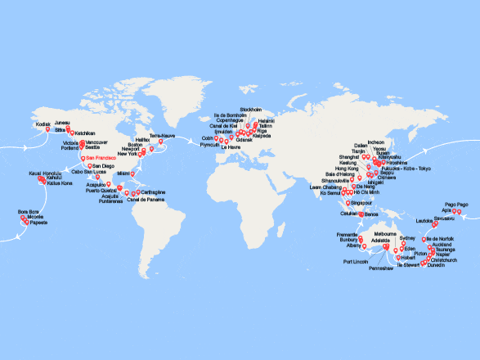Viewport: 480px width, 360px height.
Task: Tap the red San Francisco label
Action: pyautogui.click(x=101, y=158)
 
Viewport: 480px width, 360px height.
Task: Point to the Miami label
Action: pyautogui.click(x=123, y=173)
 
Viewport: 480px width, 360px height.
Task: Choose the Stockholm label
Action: pyautogui.click(x=249, y=109)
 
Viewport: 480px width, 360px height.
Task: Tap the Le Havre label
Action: pyautogui.click(x=231, y=148)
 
